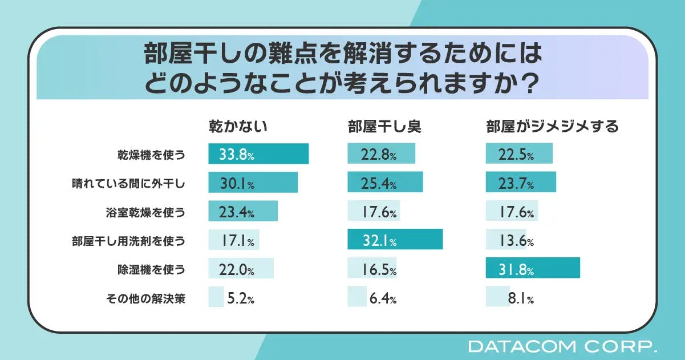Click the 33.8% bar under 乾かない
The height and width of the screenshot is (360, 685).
point(258,154)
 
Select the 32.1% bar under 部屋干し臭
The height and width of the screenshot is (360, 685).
point(395,240)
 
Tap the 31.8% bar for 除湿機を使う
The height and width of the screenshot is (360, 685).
point(532,268)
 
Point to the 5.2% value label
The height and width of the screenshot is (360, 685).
point(240,298)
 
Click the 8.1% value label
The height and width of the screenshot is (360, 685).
point(521,298)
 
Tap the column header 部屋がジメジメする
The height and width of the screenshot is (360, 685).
point(552,127)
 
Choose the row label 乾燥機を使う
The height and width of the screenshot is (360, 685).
point(151,155)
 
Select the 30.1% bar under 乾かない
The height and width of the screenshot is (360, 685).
point(253,183)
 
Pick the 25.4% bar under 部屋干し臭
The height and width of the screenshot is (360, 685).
point(385,183)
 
